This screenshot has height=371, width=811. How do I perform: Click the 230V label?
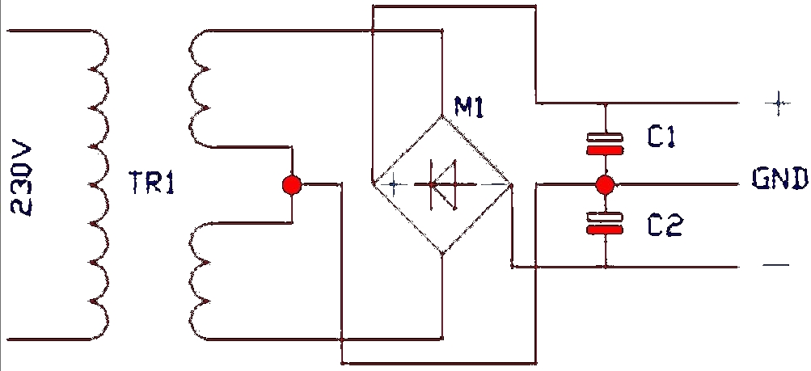point(21,179)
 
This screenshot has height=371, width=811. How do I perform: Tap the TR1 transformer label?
point(151,183)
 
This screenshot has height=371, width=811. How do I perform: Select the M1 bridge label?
point(469,107)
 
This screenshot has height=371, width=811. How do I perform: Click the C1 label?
point(661,137)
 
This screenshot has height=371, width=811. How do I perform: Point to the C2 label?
point(665,226)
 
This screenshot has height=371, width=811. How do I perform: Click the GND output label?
point(779,179)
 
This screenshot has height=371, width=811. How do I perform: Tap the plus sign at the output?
point(778,103)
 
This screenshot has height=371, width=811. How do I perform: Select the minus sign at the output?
point(776,266)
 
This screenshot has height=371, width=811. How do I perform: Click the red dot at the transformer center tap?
point(292,184)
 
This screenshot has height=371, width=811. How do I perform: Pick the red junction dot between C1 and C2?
point(605,184)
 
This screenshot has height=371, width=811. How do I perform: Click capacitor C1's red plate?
point(605,150)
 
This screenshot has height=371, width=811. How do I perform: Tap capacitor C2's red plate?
point(605,230)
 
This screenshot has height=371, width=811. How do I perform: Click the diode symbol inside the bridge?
point(444,184)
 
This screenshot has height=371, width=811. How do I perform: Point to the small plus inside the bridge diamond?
point(393,184)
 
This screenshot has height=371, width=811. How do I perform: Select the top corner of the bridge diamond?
point(442,116)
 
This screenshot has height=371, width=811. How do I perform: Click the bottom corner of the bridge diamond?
point(442,255)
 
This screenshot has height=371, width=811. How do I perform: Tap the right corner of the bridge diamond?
point(511,184)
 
